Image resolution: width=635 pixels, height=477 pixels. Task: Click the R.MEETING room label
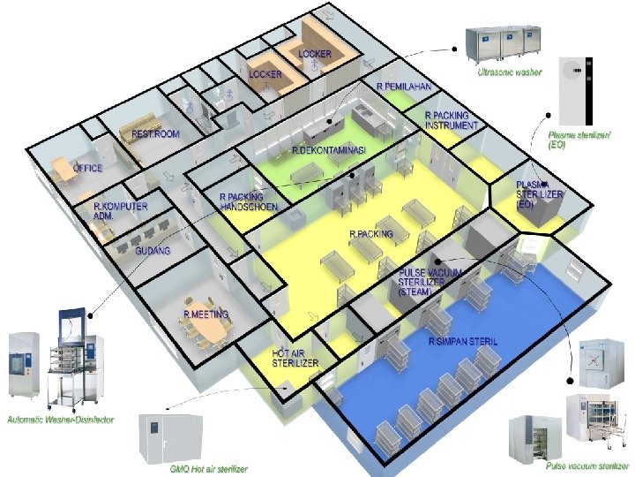pos(205,314)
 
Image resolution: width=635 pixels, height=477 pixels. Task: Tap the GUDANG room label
pos(153,251)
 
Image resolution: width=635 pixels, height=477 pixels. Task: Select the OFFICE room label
pos(88,167)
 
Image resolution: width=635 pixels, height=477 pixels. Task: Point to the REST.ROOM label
pos(155,134)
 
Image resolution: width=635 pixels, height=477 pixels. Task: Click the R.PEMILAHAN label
pos(403,87)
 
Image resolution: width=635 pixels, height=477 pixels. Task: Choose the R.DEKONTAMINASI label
pos(328,151)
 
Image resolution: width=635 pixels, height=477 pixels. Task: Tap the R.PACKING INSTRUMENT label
pos(452,121)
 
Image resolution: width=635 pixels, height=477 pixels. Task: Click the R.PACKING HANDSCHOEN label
pos(249,201)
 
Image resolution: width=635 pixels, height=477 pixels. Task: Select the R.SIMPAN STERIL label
pos(459,340)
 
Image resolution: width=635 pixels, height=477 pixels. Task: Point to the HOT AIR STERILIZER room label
pos(295,358)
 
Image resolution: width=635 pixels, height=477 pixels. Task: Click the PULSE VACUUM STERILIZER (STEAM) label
pos(430,282)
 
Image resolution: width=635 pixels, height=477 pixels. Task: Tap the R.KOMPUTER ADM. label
pos(121,210)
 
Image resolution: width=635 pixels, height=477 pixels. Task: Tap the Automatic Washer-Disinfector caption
pos(60,419)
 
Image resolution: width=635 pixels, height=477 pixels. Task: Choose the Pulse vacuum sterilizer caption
pos(586,466)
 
